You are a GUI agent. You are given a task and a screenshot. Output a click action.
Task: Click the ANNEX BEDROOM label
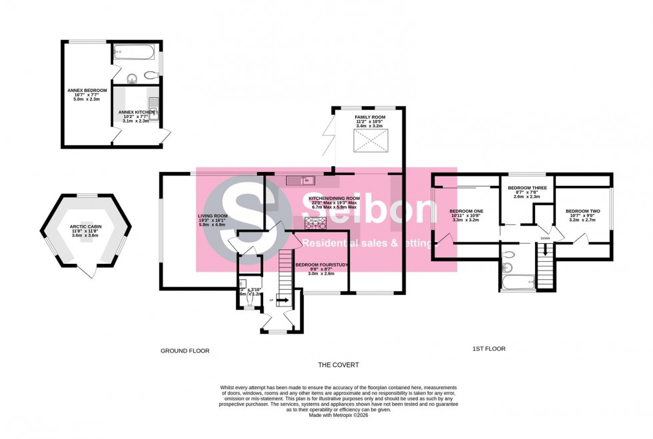83,89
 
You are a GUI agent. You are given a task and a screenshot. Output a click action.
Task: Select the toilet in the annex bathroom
131,76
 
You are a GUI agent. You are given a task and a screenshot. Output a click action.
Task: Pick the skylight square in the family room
370,141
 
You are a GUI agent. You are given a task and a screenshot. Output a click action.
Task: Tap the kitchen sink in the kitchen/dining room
301,179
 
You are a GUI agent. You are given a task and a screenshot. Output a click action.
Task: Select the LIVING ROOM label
213,217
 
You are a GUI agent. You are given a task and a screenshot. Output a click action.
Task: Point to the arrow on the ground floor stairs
282,300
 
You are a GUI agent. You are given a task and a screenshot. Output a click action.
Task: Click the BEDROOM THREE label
526,189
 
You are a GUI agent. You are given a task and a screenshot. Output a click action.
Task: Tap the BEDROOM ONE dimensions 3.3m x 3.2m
466,219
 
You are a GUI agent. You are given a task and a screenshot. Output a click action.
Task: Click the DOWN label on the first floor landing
545,238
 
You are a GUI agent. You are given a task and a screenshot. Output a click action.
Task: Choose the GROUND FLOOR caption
181,350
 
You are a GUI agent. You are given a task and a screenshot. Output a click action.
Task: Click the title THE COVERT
338,364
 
